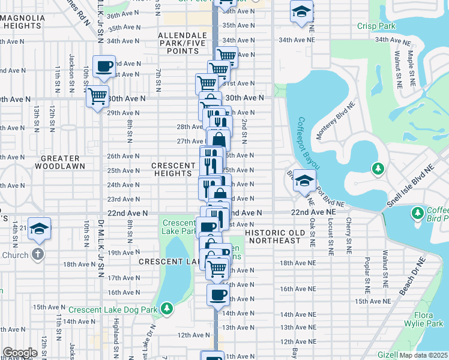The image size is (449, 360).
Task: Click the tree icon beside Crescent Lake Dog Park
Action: click(166, 310)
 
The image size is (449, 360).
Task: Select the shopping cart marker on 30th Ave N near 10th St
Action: click(98, 96)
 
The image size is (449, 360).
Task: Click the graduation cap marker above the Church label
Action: click(40, 229)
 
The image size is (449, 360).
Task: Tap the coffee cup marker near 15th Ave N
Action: click(218, 295)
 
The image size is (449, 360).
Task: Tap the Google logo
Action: click(20, 353)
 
